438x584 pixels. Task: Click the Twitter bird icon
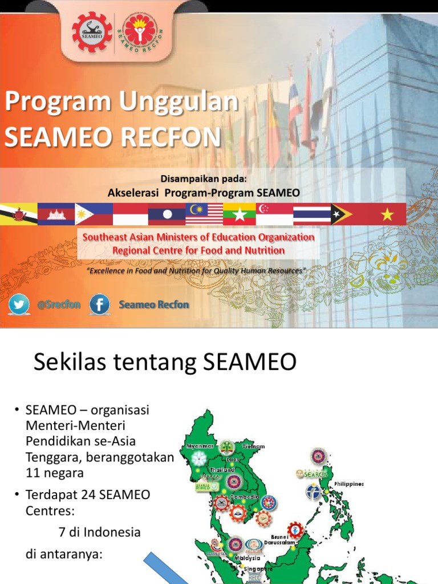(x=19, y=305)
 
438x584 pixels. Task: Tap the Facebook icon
(x=100, y=305)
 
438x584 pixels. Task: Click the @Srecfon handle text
(x=58, y=305)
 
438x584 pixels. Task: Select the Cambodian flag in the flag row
(x=56, y=214)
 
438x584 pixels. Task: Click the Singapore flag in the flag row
(x=274, y=214)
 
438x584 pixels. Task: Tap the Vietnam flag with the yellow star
(x=388, y=214)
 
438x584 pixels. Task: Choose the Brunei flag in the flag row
(x=18, y=214)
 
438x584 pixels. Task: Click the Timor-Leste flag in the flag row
(x=349, y=214)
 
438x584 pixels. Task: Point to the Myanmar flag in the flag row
(x=240, y=214)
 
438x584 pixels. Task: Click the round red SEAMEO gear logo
(x=92, y=31)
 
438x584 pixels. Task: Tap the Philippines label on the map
(x=349, y=484)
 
